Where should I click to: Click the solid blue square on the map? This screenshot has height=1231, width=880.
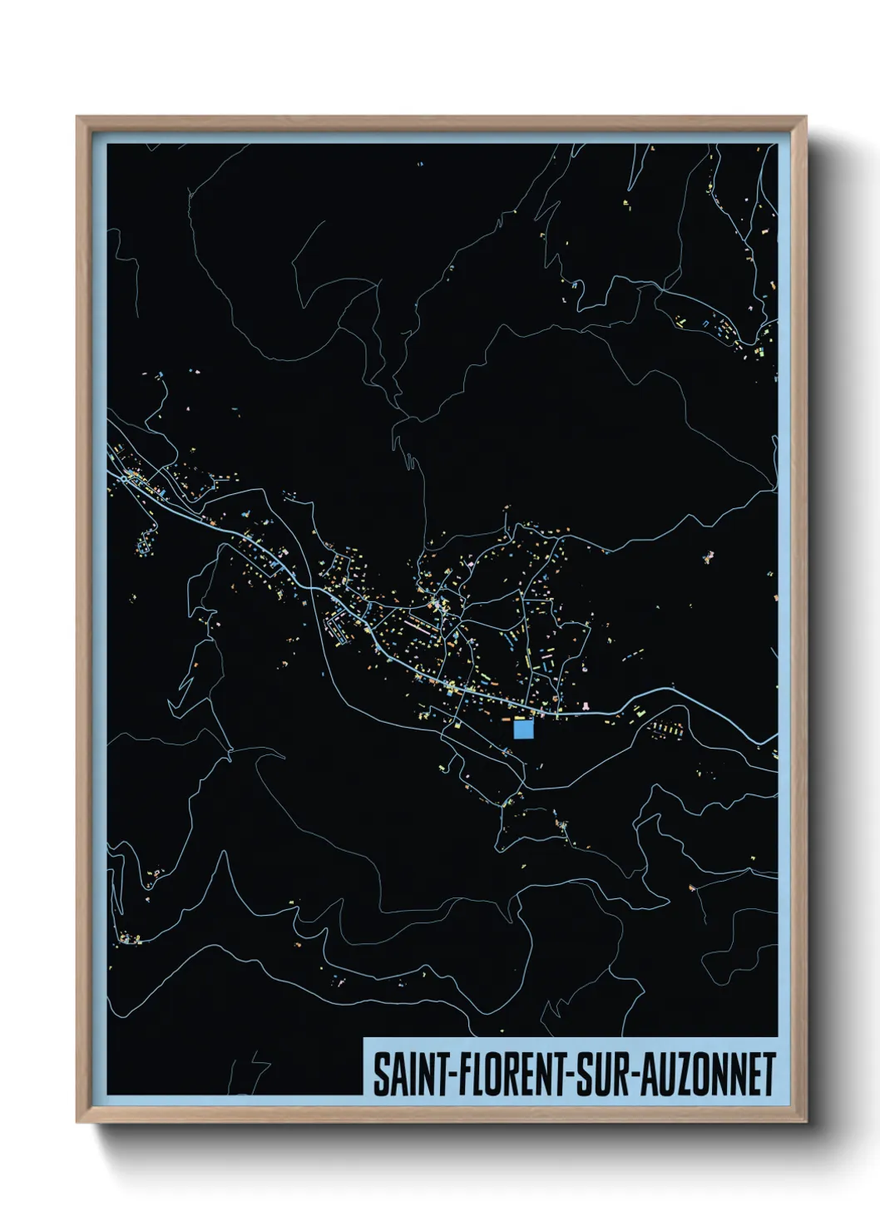click(x=523, y=729)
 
